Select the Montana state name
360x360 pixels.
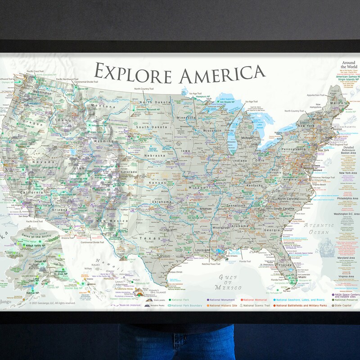pyautogui.click(x=103, y=106)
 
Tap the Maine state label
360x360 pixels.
pyautogui.click(x=337, y=103)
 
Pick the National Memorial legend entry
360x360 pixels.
pyautogui.click(x=257, y=299)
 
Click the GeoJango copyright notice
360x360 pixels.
pyautogui.click(x=52, y=303)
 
